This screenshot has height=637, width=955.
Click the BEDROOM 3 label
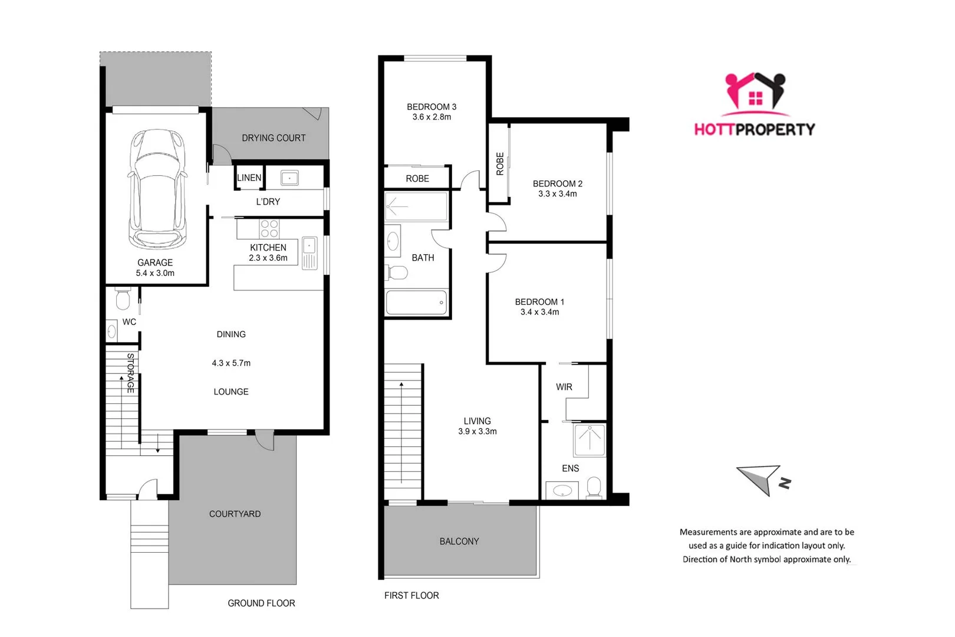(432, 107)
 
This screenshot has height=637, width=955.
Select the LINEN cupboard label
(249, 178)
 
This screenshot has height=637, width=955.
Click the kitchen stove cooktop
(269, 228)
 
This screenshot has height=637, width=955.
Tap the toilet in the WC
(123, 299)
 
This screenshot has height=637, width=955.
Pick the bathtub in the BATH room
(416, 303)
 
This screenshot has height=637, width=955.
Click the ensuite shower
(590, 440)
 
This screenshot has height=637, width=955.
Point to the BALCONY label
(459, 541)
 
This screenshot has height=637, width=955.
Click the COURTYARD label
(235, 514)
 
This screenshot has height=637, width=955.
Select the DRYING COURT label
(274, 138)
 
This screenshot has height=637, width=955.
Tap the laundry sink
(289, 177)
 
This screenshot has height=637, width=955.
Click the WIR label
(564, 387)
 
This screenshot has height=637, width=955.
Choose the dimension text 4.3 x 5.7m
(231, 363)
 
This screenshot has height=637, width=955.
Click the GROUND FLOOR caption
(261, 603)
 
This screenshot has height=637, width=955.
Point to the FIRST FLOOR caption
(411, 596)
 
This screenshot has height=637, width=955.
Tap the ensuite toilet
(594, 487)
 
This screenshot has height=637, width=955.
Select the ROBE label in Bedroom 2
(500, 163)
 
